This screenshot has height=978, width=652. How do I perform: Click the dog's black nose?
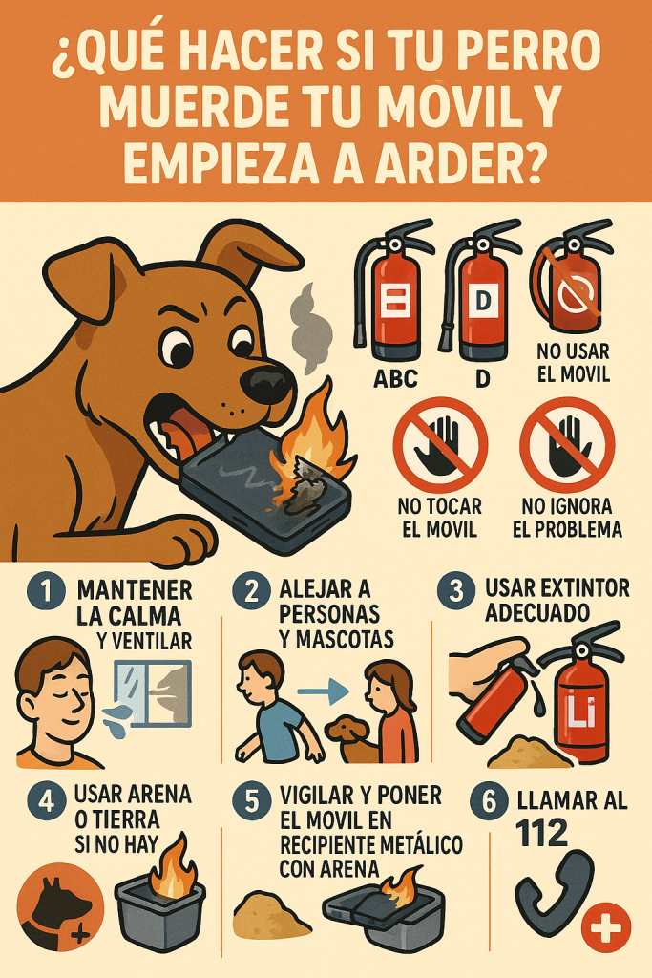(x=267, y=383)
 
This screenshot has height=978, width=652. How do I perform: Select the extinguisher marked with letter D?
(x=480, y=296)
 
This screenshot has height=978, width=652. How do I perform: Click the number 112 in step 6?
(x=516, y=833)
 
